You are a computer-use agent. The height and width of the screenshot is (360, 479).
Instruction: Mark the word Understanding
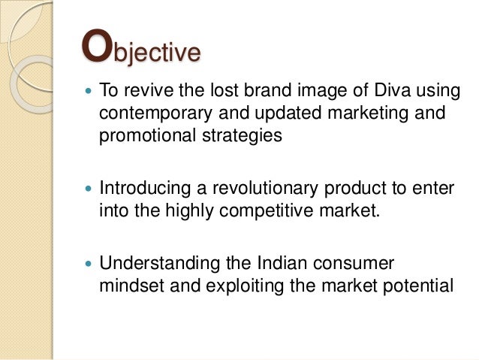click(x=158, y=264)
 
